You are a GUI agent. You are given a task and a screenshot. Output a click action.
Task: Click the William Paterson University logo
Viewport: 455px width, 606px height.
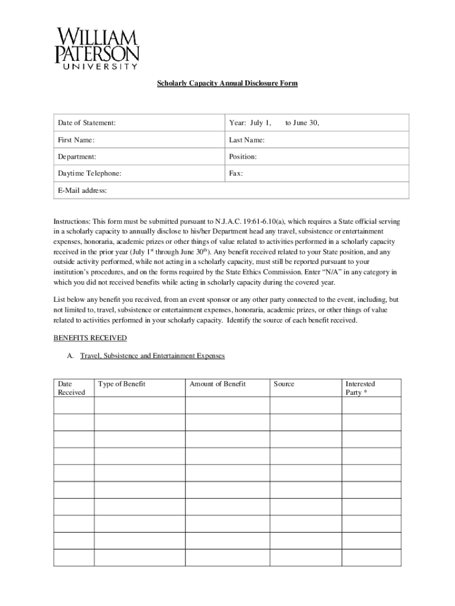point(97,49)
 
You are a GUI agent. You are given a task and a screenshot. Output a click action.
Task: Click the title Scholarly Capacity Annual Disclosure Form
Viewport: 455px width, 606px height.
point(227,83)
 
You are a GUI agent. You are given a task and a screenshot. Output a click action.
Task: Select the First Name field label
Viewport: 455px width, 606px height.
point(76,140)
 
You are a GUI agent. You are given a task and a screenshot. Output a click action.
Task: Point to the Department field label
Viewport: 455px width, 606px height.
point(77,157)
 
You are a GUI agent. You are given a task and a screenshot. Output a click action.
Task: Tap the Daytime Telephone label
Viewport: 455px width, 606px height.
point(89,173)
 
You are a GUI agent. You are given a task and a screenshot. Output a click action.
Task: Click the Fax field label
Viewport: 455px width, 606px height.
point(236,173)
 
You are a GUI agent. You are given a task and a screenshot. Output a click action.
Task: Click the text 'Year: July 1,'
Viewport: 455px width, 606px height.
point(250,123)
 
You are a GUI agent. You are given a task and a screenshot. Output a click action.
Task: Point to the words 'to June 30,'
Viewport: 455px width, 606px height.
point(302,123)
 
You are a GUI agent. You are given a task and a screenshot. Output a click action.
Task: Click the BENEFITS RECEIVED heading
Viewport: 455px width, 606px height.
point(90,338)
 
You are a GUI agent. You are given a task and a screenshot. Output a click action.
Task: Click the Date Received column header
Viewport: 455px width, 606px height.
point(71,388)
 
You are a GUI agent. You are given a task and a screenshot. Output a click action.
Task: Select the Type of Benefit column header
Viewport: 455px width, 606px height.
point(122,384)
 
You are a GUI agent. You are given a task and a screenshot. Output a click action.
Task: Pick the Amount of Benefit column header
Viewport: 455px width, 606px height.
point(217,384)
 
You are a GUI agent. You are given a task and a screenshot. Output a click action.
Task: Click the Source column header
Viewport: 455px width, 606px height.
point(284,384)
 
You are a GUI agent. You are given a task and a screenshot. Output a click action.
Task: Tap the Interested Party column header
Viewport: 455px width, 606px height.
point(360,388)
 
